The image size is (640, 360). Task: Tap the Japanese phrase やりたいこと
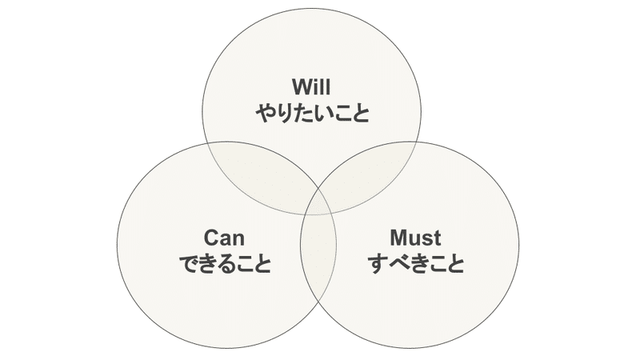[312, 114]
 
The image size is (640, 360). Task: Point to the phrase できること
[224, 264]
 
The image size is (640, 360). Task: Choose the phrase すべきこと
[416, 264]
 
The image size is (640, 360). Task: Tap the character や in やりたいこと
[265, 114]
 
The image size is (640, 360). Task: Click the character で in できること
[186, 264]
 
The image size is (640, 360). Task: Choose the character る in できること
[224, 264]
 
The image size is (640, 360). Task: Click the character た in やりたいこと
[303, 114]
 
